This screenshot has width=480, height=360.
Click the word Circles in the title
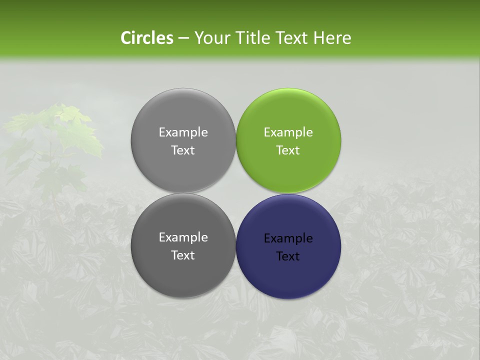coord(146,38)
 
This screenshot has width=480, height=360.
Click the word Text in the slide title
coord(292,38)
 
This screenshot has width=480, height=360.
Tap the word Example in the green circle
coord(288,132)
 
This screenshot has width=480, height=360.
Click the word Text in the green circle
coord(288,150)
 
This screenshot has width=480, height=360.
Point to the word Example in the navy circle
coord(288,238)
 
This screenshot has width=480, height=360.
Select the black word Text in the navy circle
coord(288,256)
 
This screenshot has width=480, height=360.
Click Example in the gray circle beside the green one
coord(183,132)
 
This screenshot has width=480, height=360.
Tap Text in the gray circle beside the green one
coord(183,150)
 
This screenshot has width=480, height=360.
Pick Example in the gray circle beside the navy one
coord(183,237)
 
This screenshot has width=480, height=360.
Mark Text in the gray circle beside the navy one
coord(183,255)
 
